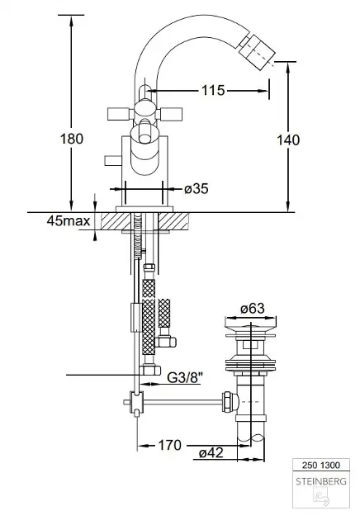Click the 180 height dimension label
pos(72,139)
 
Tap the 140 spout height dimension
pos(288,140)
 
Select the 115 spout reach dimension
pos(213,90)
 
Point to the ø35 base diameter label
pos(197,189)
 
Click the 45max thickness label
pos(69,220)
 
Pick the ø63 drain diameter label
pos(253,309)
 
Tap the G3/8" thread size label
pos(185,377)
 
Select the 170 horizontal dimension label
pos(169,445)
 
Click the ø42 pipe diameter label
pos(211,452)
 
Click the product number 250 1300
pos(321,465)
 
